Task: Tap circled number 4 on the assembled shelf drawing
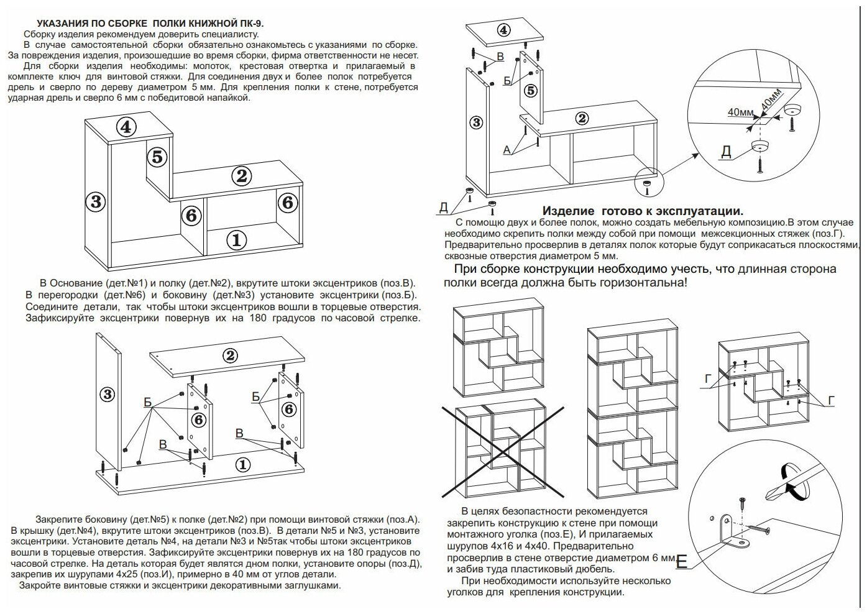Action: [x=126, y=127]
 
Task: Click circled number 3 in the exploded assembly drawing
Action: [x=108, y=394]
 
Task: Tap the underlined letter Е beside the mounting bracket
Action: [x=682, y=563]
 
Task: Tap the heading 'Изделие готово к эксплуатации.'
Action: [x=643, y=211]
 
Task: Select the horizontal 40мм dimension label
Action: [x=740, y=112]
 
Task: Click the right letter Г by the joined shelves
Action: [x=831, y=401]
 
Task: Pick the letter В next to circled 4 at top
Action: [x=499, y=58]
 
